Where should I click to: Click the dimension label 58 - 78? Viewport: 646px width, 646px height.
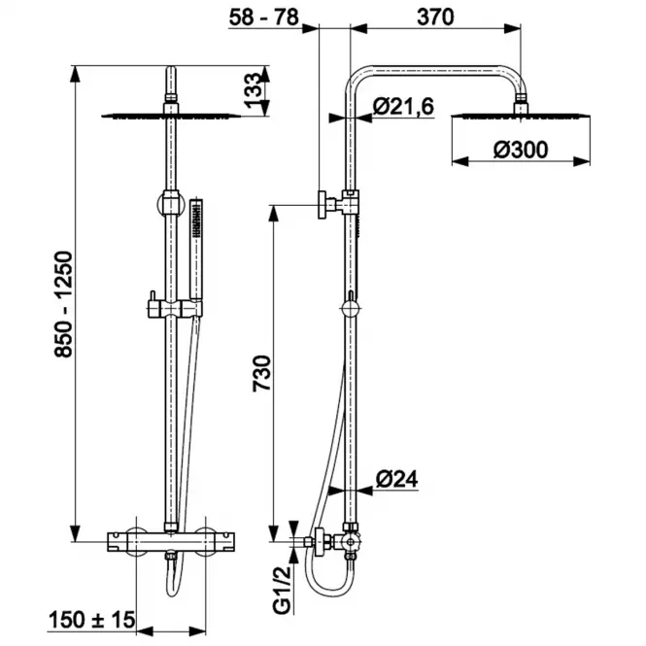tap(263, 17)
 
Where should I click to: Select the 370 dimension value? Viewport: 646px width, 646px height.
tap(435, 17)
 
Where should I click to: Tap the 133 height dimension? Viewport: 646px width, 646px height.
tap(253, 90)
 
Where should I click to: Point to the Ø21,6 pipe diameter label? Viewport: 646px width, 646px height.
tap(403, 107)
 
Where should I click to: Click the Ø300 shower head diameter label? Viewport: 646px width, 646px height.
tap(521, 150)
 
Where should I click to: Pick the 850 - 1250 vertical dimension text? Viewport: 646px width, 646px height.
tap(64, 304)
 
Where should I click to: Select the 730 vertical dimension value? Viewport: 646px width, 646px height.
tap(262, 373)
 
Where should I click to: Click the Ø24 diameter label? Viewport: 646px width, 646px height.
tap(396, 479)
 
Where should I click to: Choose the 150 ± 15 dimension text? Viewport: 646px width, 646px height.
tap(92, 619)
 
